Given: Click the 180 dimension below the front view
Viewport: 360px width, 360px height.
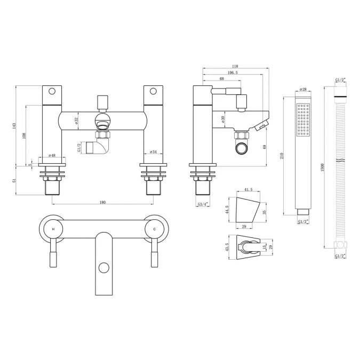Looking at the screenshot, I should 102,202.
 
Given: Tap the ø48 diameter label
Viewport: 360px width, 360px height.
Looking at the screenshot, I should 52,155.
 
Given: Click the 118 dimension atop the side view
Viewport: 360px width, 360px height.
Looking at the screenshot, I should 234,67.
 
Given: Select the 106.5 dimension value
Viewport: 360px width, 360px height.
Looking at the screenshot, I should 233,73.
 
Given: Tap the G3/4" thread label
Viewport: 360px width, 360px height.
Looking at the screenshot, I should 202,204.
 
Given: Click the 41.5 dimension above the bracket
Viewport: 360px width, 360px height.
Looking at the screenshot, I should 247,190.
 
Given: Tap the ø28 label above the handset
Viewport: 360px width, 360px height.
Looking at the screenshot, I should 302,89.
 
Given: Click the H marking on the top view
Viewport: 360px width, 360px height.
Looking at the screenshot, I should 52,228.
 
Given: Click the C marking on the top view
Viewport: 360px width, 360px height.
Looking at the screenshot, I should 155,228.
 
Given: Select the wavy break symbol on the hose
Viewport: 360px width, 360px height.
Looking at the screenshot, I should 340,161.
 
